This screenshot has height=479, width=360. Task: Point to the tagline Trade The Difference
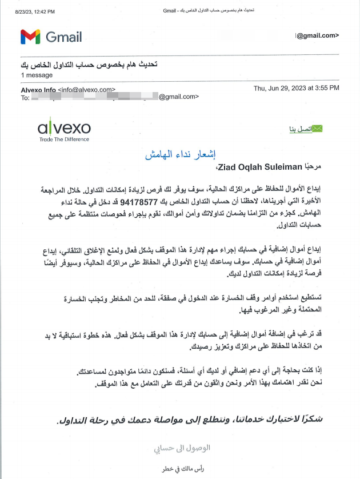63,139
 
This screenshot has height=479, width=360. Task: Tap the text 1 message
36,75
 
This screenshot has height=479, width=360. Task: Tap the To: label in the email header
25,97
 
